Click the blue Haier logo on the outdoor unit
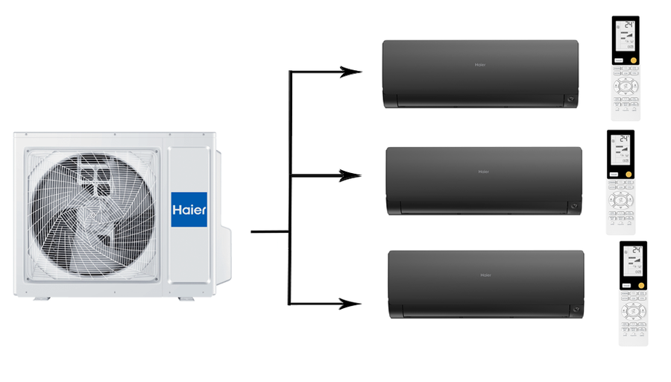[x=189, y=210]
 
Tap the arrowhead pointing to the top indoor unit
[x=351, y=72]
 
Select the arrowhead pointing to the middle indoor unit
[x=351, y=175]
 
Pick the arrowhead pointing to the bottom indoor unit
[x=351, y=304]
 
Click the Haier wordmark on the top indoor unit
[x=480, y=65]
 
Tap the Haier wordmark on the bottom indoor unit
[x=485, y=275]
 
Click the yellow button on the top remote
[x=633, y=59]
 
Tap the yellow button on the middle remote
[x=629, y=174]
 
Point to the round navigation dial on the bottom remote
[x=633, y=311]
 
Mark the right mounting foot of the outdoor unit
[x=185, y=298]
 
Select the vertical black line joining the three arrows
[x=289, y=187]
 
